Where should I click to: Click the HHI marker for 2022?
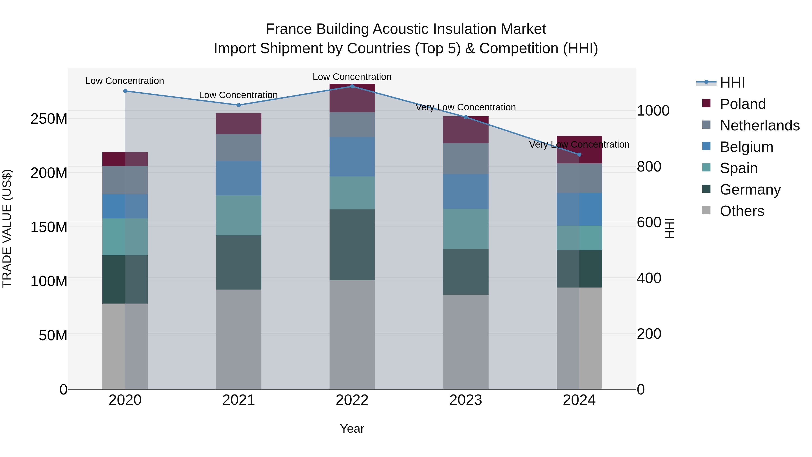[x=352, y=86]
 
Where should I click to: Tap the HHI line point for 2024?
[x=579, y=155]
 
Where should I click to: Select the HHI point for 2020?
[x=125, y=91]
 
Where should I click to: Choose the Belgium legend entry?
[x=746, y=147]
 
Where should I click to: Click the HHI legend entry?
[x=732, y=83]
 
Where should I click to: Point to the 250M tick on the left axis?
[x=49, y=119]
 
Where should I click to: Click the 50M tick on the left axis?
[x=53, y=335]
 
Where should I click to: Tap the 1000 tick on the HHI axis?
[x=653, y=111]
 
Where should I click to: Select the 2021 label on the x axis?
[x=239, y=400]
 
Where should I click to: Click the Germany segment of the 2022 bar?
[x=352, y=245]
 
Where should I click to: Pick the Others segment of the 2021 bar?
[x=239, y=339]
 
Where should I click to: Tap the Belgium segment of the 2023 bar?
[x=466, y=191]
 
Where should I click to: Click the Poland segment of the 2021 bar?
[x=239, y=124]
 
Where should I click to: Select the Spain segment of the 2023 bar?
[x=466, y=229]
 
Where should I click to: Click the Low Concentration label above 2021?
[x=238, y=95]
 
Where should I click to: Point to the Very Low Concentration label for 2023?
[x=466, y=107]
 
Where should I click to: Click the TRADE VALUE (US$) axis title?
[x=7, y=228]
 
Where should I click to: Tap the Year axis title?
[x=352, y=429]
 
